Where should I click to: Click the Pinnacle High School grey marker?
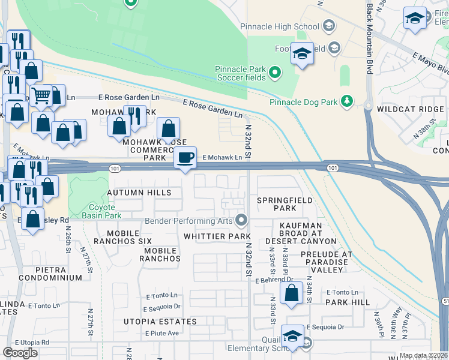pyautogui.click(x=328, y=26)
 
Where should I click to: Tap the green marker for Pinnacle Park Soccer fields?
pyautogui.click(x=275, y=74)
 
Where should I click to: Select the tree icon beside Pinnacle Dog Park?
pyautogui.click(x=346, y=102)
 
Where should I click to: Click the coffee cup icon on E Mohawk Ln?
pyautogui.click(x=185, y=158)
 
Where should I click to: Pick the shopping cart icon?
pyautogui.click(x=41, y=95)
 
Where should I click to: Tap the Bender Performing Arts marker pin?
pyautogui.click(x=242, y=221)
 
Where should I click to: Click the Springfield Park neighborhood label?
pyautogui.click(x=277, y=204)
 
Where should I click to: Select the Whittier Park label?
pyautogui.click(x=209, y=236)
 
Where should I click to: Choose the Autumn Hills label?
pyautogui.click(x=139, y=193)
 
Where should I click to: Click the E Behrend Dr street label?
pyautogui.click(x=274, y=280)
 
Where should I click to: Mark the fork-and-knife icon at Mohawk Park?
pyautogui.click(x=134, y=116)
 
